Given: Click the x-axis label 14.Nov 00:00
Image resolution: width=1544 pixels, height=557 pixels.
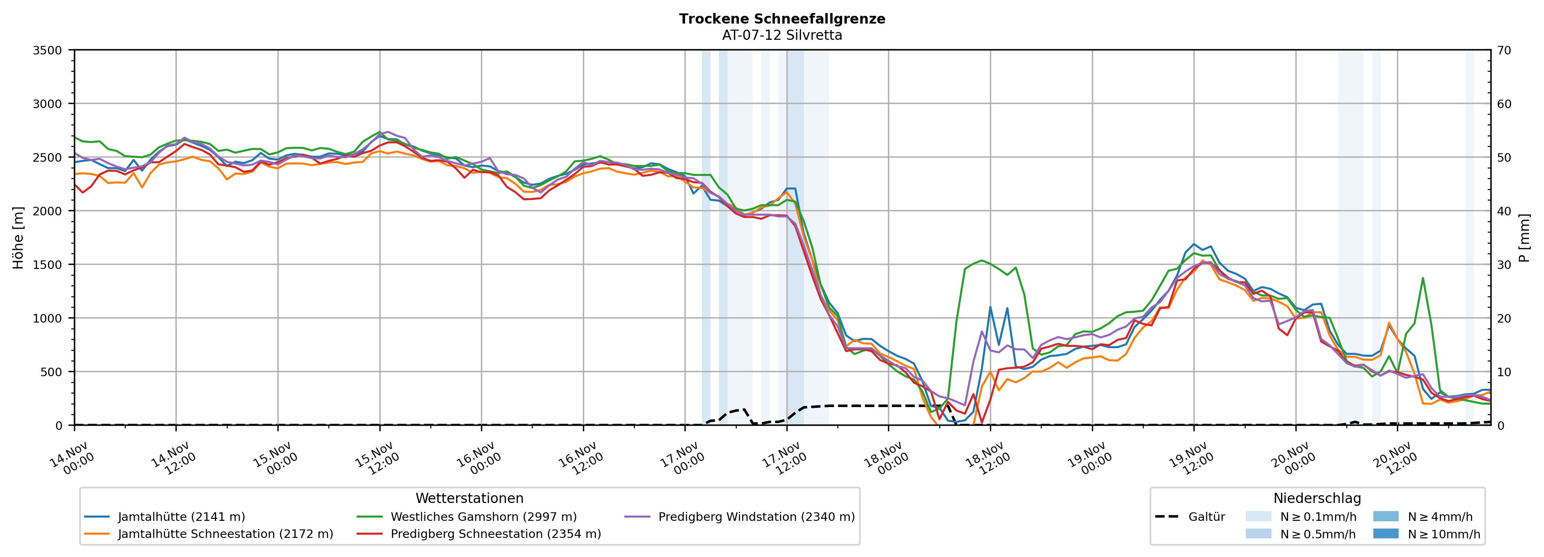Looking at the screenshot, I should point(72,459).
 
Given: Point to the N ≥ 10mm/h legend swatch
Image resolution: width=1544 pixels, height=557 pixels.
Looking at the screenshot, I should point(1385,533).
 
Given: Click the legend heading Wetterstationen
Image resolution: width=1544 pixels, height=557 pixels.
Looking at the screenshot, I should point(469,498).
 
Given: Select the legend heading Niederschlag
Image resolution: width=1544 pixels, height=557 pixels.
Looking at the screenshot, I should point(1317,498).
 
